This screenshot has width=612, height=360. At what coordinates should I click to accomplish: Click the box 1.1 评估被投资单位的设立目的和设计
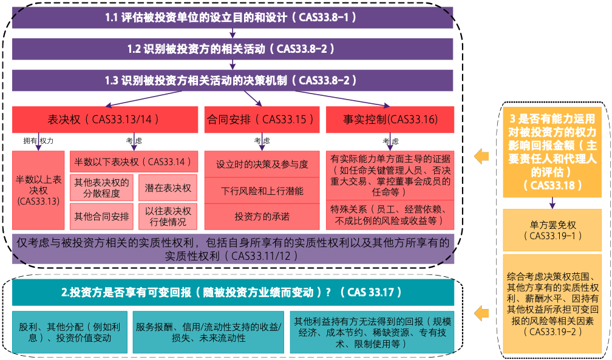(233, 17)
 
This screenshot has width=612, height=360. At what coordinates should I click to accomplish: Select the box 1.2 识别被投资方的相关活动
(233, 49)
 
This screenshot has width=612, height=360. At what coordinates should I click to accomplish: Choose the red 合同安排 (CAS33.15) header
(262, 119)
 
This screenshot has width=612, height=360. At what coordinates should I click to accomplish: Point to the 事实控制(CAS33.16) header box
(390, 119)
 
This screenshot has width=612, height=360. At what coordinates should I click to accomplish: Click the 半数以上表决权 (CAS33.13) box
(38, 190)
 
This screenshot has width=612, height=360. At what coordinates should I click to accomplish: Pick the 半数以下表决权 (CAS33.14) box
(135, 161)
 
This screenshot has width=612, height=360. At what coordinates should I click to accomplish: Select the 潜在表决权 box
(168, 188)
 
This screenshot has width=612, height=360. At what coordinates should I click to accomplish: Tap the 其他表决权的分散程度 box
(102, 188)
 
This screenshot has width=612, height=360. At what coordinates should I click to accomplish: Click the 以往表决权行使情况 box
(168, 216)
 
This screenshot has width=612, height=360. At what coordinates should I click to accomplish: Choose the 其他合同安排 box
(102, 216)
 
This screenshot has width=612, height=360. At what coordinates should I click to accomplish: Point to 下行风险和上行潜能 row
(262, 191)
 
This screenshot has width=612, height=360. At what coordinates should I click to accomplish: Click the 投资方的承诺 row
(262, 216)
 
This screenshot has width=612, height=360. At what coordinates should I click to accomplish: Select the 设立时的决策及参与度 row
(262, 165)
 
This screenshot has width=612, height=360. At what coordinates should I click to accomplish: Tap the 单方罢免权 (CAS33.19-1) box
(552, 229)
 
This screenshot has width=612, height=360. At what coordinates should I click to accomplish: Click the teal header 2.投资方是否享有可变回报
(233, 292)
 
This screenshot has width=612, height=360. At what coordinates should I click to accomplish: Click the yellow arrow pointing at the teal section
(481, 314)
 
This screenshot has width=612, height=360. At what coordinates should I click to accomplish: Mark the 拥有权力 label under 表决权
(38, 141)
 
